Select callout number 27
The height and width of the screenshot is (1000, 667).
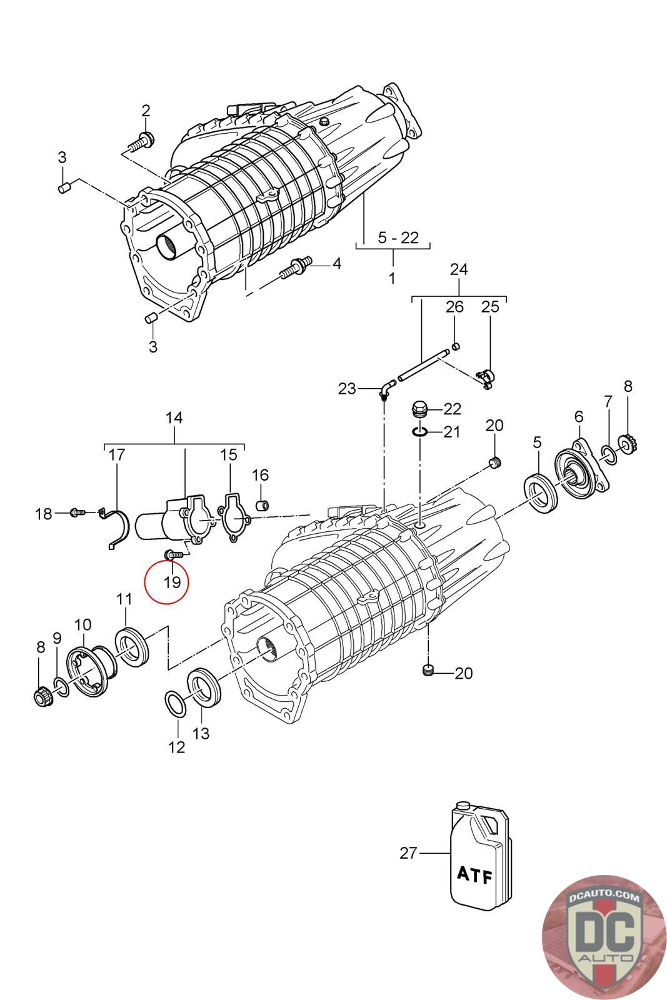click(x=408, y=852)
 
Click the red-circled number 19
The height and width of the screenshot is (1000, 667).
click(x=172, y=582)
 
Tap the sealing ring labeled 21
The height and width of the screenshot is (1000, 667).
click(x=420, y=431)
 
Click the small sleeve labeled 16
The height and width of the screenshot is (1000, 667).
click(x=264, y=504)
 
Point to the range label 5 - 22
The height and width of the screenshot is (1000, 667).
click(x=398, y=237)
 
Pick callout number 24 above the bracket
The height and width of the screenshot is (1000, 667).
click(x=458, y=269)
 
